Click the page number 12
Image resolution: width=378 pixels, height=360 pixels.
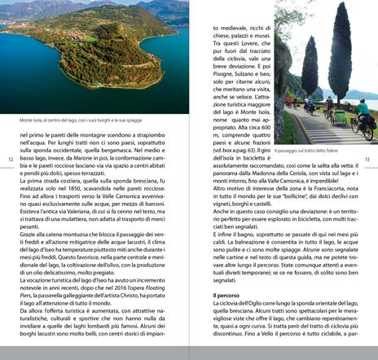tap(11, 159)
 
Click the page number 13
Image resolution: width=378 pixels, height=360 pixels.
tap(367, 159)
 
